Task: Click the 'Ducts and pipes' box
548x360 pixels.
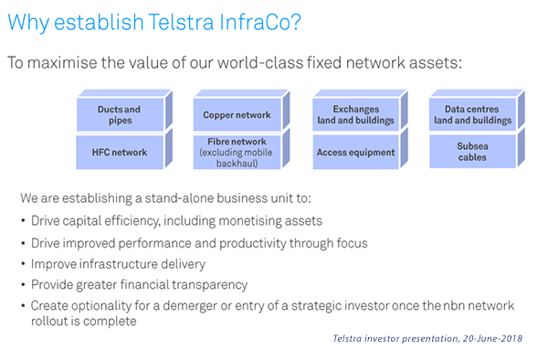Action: (119, 115)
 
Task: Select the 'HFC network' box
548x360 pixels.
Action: (119, 152)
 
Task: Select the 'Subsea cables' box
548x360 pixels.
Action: (472, 152)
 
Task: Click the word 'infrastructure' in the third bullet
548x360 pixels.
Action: (126, 263)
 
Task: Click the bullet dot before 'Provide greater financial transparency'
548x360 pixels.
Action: (22, 285)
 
